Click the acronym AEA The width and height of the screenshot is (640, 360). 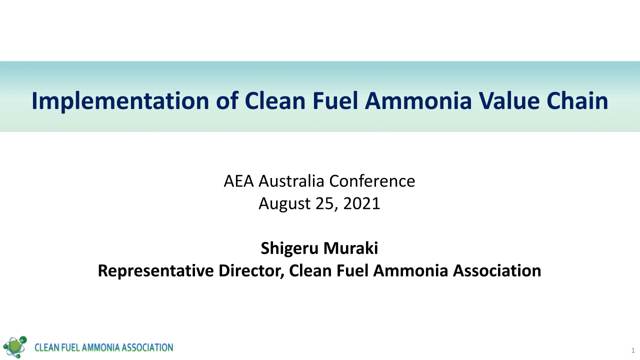238,181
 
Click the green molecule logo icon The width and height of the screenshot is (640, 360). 15,345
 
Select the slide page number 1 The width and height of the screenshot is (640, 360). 632,348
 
